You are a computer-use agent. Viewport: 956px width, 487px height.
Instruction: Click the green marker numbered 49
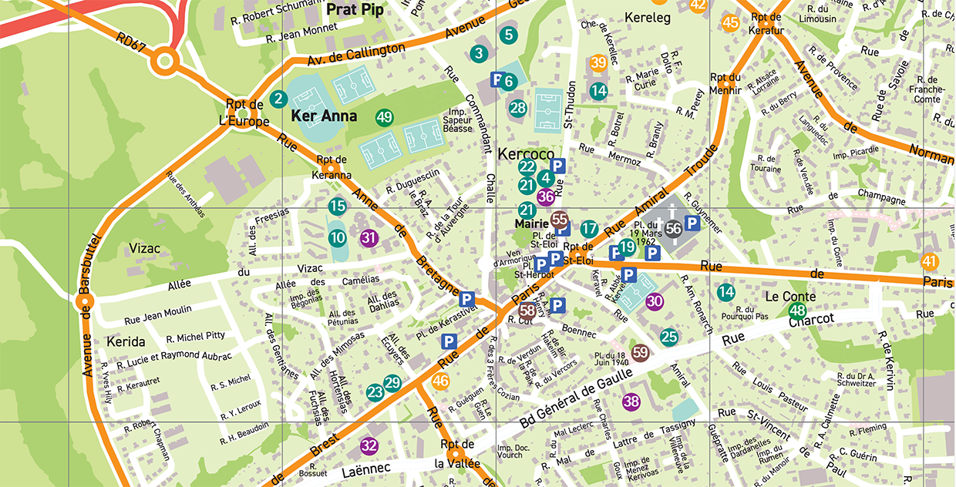click(385, 118)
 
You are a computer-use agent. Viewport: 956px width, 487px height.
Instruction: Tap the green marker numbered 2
click(279, 99)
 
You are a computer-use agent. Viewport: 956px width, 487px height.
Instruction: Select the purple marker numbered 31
click(369, 237)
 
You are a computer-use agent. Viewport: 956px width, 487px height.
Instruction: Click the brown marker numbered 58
click(528, 311)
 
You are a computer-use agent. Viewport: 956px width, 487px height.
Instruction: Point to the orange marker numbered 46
click(441, 380)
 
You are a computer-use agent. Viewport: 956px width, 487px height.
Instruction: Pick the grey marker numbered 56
click(674, 228)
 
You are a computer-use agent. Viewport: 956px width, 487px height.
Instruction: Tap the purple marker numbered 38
click(631, 401)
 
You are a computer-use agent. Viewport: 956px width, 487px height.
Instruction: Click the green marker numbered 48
click(797, 311)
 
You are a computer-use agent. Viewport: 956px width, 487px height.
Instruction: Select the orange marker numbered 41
click(930, 261)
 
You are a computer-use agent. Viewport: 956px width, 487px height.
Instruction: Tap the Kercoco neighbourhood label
click(526, 153)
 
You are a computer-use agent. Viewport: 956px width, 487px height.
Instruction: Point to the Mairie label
click(531, 225)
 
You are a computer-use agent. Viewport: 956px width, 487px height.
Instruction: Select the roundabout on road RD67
click(164, 60)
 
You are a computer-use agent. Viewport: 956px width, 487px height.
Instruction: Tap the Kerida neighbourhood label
click(126, 341)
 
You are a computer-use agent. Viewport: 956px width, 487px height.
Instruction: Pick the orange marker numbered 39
click(598, 63)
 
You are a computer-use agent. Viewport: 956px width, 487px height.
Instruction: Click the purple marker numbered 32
click(369, 445)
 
